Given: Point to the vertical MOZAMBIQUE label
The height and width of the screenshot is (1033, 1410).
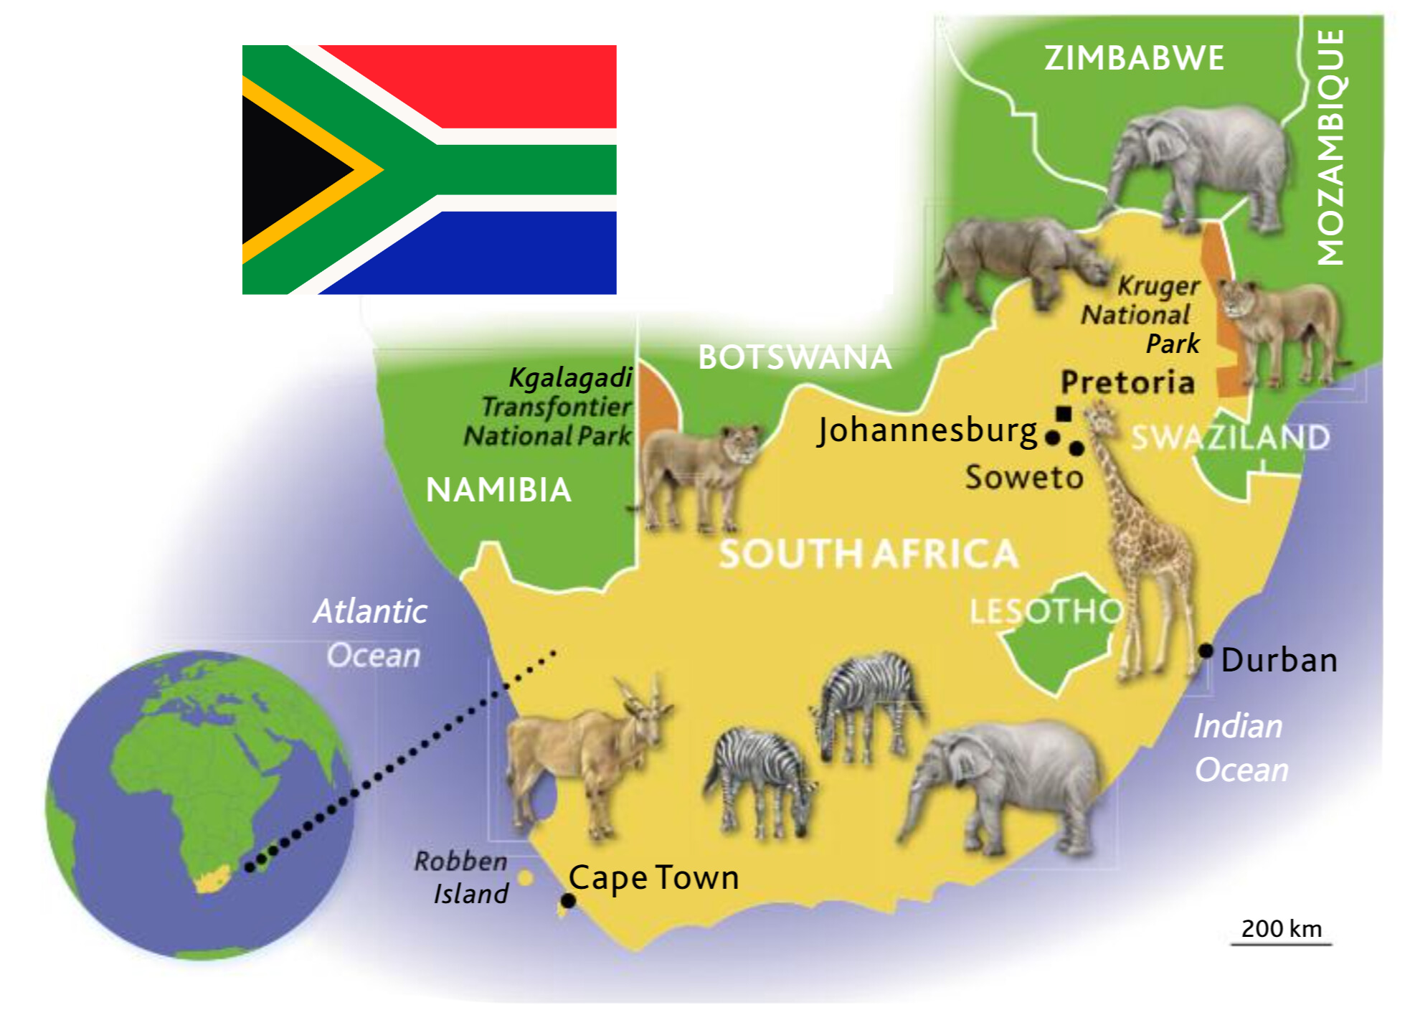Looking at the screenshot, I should click(x=1331, y=147).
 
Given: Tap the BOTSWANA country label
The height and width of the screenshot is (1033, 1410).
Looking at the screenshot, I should click(x=795, y=357).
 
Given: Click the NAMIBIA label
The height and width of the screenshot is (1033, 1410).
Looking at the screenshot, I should click(x=498, y=491).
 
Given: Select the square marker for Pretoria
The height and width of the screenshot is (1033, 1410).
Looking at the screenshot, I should click(x=1064, y=413).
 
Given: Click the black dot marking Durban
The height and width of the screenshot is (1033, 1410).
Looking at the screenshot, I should click(x=1206, y=651).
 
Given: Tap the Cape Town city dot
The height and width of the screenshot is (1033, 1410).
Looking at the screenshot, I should click(x=568, y=900).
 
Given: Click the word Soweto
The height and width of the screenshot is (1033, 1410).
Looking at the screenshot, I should click(x=1023, y=478).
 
